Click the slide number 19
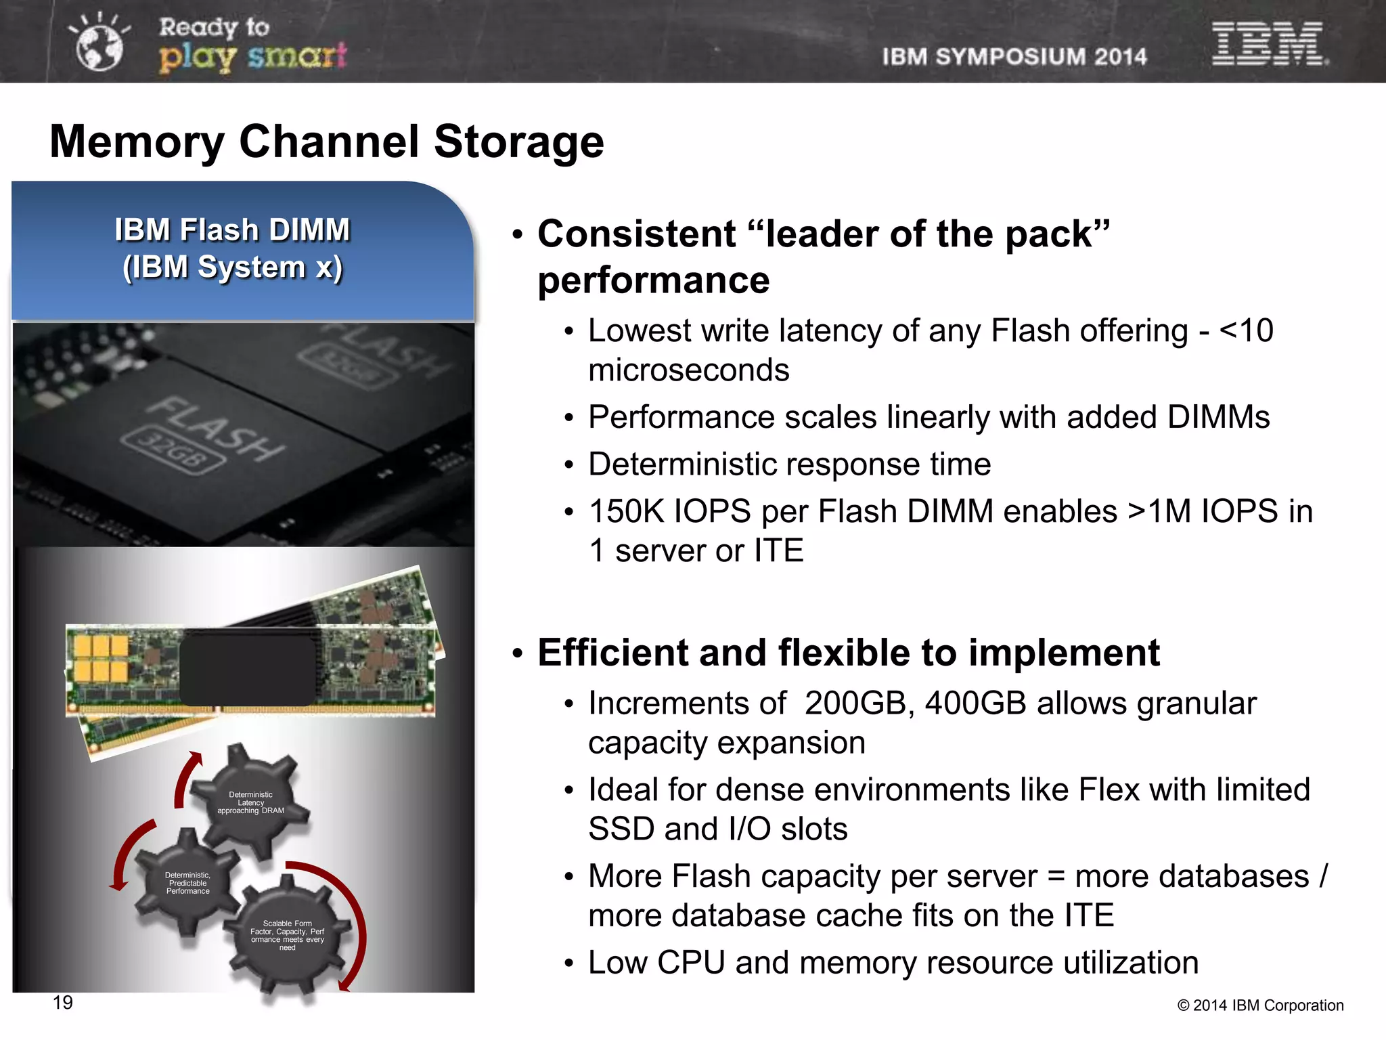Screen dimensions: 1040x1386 62,1003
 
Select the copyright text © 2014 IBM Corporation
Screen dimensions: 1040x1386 1260,1005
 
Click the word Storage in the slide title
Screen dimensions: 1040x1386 518,142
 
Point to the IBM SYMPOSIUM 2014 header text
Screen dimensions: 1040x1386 1014,56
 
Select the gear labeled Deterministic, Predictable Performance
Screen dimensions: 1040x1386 187,882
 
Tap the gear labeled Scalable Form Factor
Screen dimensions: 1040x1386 288,935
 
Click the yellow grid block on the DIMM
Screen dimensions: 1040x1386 101,658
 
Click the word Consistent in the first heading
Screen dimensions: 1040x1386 636,234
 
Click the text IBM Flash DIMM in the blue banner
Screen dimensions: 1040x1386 232,230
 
